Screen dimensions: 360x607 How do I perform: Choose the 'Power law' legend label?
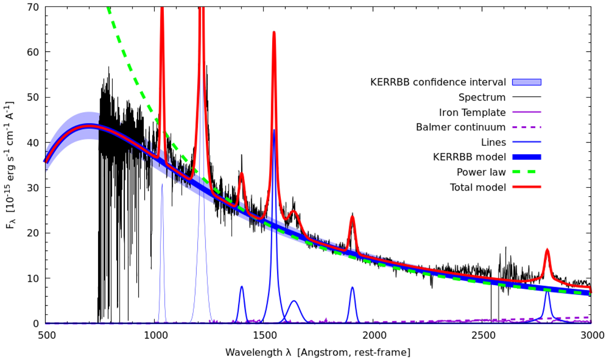click(487, 172)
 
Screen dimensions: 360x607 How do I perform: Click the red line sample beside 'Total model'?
click(527, 187)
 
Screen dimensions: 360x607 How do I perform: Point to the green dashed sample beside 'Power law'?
click(527, 172)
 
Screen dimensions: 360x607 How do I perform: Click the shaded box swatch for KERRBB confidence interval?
click(527, 82)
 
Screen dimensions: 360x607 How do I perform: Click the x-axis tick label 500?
click(46, 334)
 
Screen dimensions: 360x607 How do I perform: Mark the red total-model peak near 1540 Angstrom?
click(274, 32)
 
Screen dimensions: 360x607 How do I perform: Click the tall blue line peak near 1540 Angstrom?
click(274, 130)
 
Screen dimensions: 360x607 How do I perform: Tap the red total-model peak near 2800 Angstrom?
click(547, 250)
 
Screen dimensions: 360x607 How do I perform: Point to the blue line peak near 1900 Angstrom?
click(353, 288)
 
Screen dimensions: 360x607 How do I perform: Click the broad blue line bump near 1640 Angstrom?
click(294, 301)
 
